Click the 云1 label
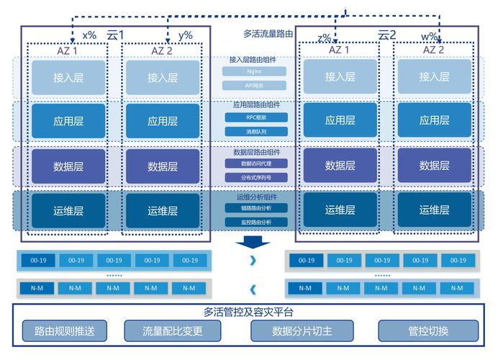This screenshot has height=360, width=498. (115, 34)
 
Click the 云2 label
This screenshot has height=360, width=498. (387, 34)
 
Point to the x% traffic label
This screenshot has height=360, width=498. (89, 35)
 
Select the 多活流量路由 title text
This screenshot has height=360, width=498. (268, 33)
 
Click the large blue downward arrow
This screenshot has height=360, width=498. (254, 240)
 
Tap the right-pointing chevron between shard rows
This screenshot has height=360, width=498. (253, 261)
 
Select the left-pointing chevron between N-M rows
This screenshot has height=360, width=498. (253, 289)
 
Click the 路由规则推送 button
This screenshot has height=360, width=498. (65, 331)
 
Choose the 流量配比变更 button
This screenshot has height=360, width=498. (173, 331)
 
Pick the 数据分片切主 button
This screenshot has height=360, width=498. (302, 331)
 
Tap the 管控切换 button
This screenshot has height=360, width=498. (428, 331)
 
